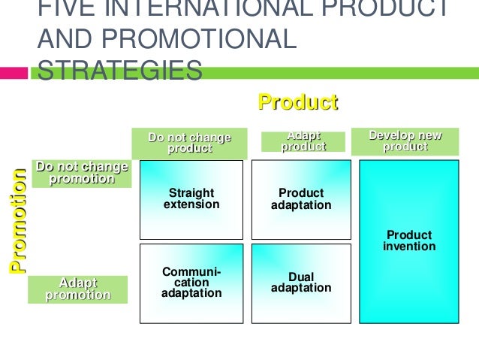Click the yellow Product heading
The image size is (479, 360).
[x=298, y=102]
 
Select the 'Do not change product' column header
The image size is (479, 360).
[x=189, y=143]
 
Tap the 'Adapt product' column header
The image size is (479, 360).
[x=303, y=141]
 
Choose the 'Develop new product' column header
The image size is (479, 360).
[x=405, y=141]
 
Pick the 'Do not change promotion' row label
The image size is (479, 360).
[x=82, y=172]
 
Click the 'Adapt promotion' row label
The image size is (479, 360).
[x=77, y=289]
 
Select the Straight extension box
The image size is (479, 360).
[x=191, y=199]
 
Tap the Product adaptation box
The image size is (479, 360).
[x=301, y=199]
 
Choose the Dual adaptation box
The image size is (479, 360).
[x=301, y=283]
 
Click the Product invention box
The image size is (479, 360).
[x=409, y=241]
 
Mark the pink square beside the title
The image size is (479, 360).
[x=14, y=74]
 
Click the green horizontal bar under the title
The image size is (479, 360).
[x=338, y=74]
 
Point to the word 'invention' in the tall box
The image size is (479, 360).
[x=409, y=247]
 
